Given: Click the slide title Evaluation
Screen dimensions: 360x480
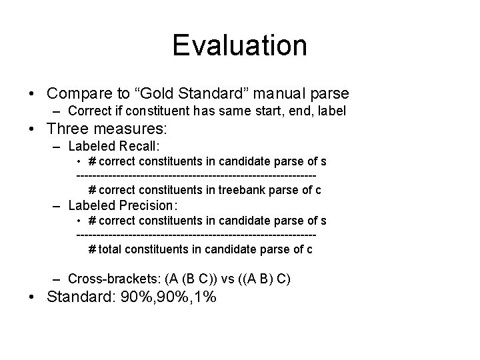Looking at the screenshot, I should click(x=239, y=46).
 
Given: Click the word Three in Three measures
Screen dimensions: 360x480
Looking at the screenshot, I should click(x=72, y=129).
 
